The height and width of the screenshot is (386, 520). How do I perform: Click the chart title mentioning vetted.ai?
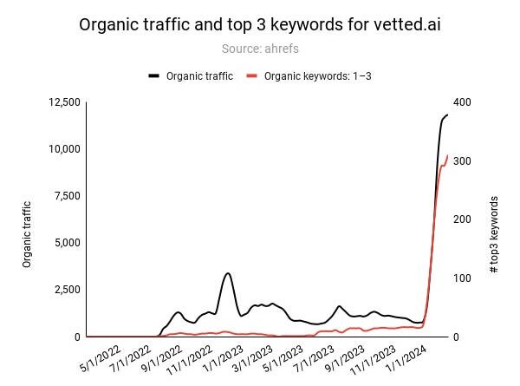pyautogui.click(x=260, y=24)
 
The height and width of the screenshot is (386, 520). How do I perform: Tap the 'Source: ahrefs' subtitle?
pyautogui.click(x=260, y=49)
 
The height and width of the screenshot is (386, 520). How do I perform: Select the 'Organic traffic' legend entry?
pyautogui.click(x=191, y=75)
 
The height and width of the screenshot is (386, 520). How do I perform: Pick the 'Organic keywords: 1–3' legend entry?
pyautogui.click(x=309, y=75)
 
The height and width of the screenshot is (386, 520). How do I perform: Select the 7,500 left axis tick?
pyautogui.click(x=67, y=196)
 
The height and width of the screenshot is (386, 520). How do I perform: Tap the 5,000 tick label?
pyautogui.click(x=67, y=243)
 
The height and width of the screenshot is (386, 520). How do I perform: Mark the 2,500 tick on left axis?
pyautogui.click(x=67, y=290)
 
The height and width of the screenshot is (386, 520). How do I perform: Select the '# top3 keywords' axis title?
pyautogui.click(x=494, y=235)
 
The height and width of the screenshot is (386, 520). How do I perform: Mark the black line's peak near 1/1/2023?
pyautogui.click(x=227, y=273)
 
